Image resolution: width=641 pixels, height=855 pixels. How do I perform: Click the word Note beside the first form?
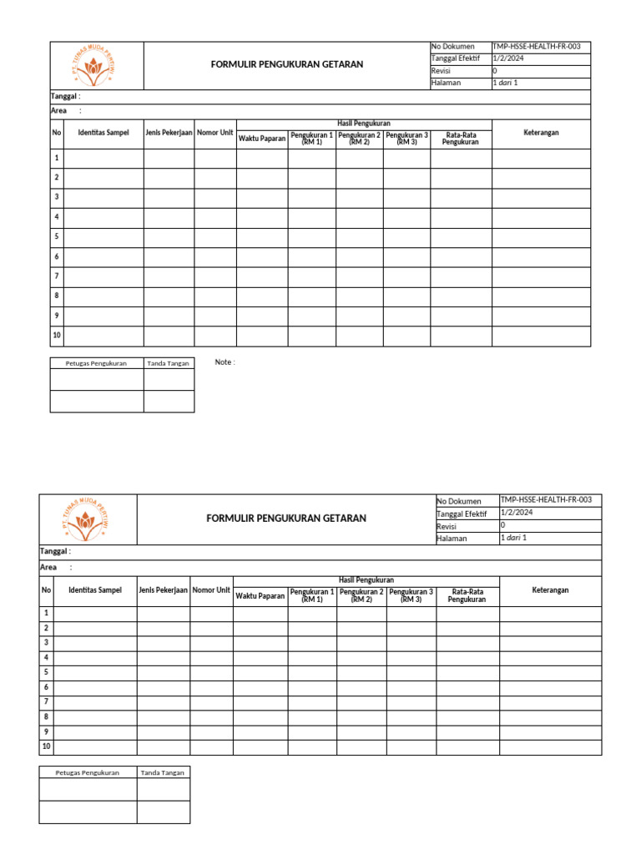(225, 362)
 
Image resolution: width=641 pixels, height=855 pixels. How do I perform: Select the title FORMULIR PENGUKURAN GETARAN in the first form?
(287, 64)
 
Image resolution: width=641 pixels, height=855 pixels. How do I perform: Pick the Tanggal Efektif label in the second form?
(461, 514)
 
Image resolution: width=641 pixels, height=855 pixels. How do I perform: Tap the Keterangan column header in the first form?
(541, 133)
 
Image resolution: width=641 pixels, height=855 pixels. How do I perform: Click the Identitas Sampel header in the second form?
(95, 590)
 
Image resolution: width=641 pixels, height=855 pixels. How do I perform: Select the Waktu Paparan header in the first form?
(262, 139)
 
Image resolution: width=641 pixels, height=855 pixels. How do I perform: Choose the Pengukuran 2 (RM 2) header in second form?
(361, 595)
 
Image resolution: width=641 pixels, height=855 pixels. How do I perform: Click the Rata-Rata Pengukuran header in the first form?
(461, 139)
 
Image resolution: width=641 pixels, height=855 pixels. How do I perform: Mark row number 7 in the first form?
(57, 276)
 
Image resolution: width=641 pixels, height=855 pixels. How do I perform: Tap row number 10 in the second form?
(46, 746)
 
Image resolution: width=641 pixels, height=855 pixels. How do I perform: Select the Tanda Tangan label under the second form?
(163, 772)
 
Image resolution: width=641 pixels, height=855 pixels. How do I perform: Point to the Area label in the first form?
(59, 111)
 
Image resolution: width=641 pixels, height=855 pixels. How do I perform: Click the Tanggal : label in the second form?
(56, 552)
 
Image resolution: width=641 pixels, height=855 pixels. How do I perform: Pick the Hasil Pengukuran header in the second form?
(366, 580)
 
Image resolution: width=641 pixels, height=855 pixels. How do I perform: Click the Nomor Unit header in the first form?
(215, 133)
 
